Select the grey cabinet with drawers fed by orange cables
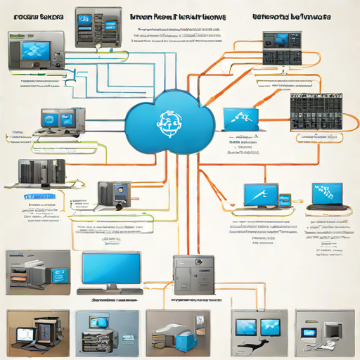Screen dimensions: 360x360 [x=193, y=276]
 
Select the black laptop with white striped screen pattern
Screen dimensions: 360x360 [x=328, y=195]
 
